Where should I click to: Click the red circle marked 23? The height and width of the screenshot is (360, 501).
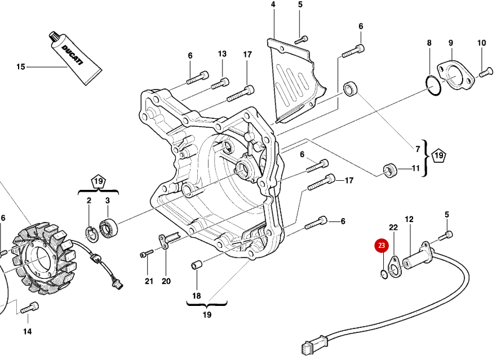[x=382, y=246]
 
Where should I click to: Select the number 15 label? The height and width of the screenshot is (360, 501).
[x=21, y=67]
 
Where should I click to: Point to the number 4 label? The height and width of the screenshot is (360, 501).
[x=273, y=5]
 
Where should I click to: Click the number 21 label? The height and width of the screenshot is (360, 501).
[x=149, y=281]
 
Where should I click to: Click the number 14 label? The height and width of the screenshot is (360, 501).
[x=28, y=331]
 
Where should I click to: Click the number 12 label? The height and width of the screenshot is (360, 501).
[x=409, y=219]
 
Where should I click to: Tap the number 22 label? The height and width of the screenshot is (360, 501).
[x=394, y=227]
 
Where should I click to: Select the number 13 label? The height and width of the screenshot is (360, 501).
[x=222, y=54]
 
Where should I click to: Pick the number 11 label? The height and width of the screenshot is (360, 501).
[x=415, y=168]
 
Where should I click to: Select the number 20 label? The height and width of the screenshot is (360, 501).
[x=166, y=281]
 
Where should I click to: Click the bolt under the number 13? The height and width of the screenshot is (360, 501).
[x=220, y=84]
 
